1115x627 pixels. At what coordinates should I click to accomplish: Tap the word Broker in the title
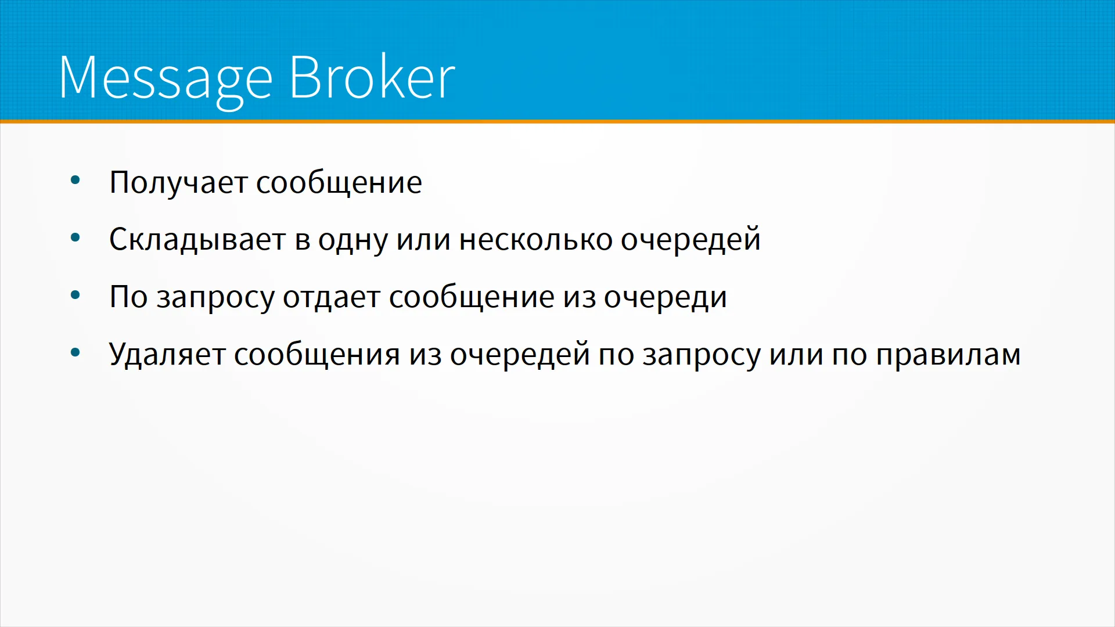(372, 77)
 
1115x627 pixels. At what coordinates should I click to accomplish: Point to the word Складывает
(197, 240)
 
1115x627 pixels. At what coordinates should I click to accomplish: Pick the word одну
(353, 240)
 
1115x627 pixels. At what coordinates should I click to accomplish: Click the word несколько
(535, 239)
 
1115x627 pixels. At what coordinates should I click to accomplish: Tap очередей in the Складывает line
(690, 240)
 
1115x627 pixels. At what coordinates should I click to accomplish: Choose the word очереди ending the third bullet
(666, 298)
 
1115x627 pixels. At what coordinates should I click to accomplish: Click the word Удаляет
(167, 354)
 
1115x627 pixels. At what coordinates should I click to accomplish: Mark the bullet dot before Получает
(75, 181)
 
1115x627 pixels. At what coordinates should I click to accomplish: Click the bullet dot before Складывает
(75, 237)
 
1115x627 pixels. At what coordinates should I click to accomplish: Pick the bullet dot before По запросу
(75, 296)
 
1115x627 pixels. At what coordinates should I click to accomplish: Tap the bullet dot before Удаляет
(75, 352)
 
